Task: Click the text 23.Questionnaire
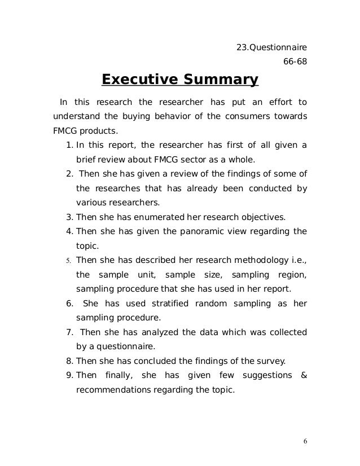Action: [271, 46]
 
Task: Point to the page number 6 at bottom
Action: [305, 441]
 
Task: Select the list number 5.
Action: [68, 261]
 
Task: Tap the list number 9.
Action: [69, 375]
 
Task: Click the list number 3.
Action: [69, 216]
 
